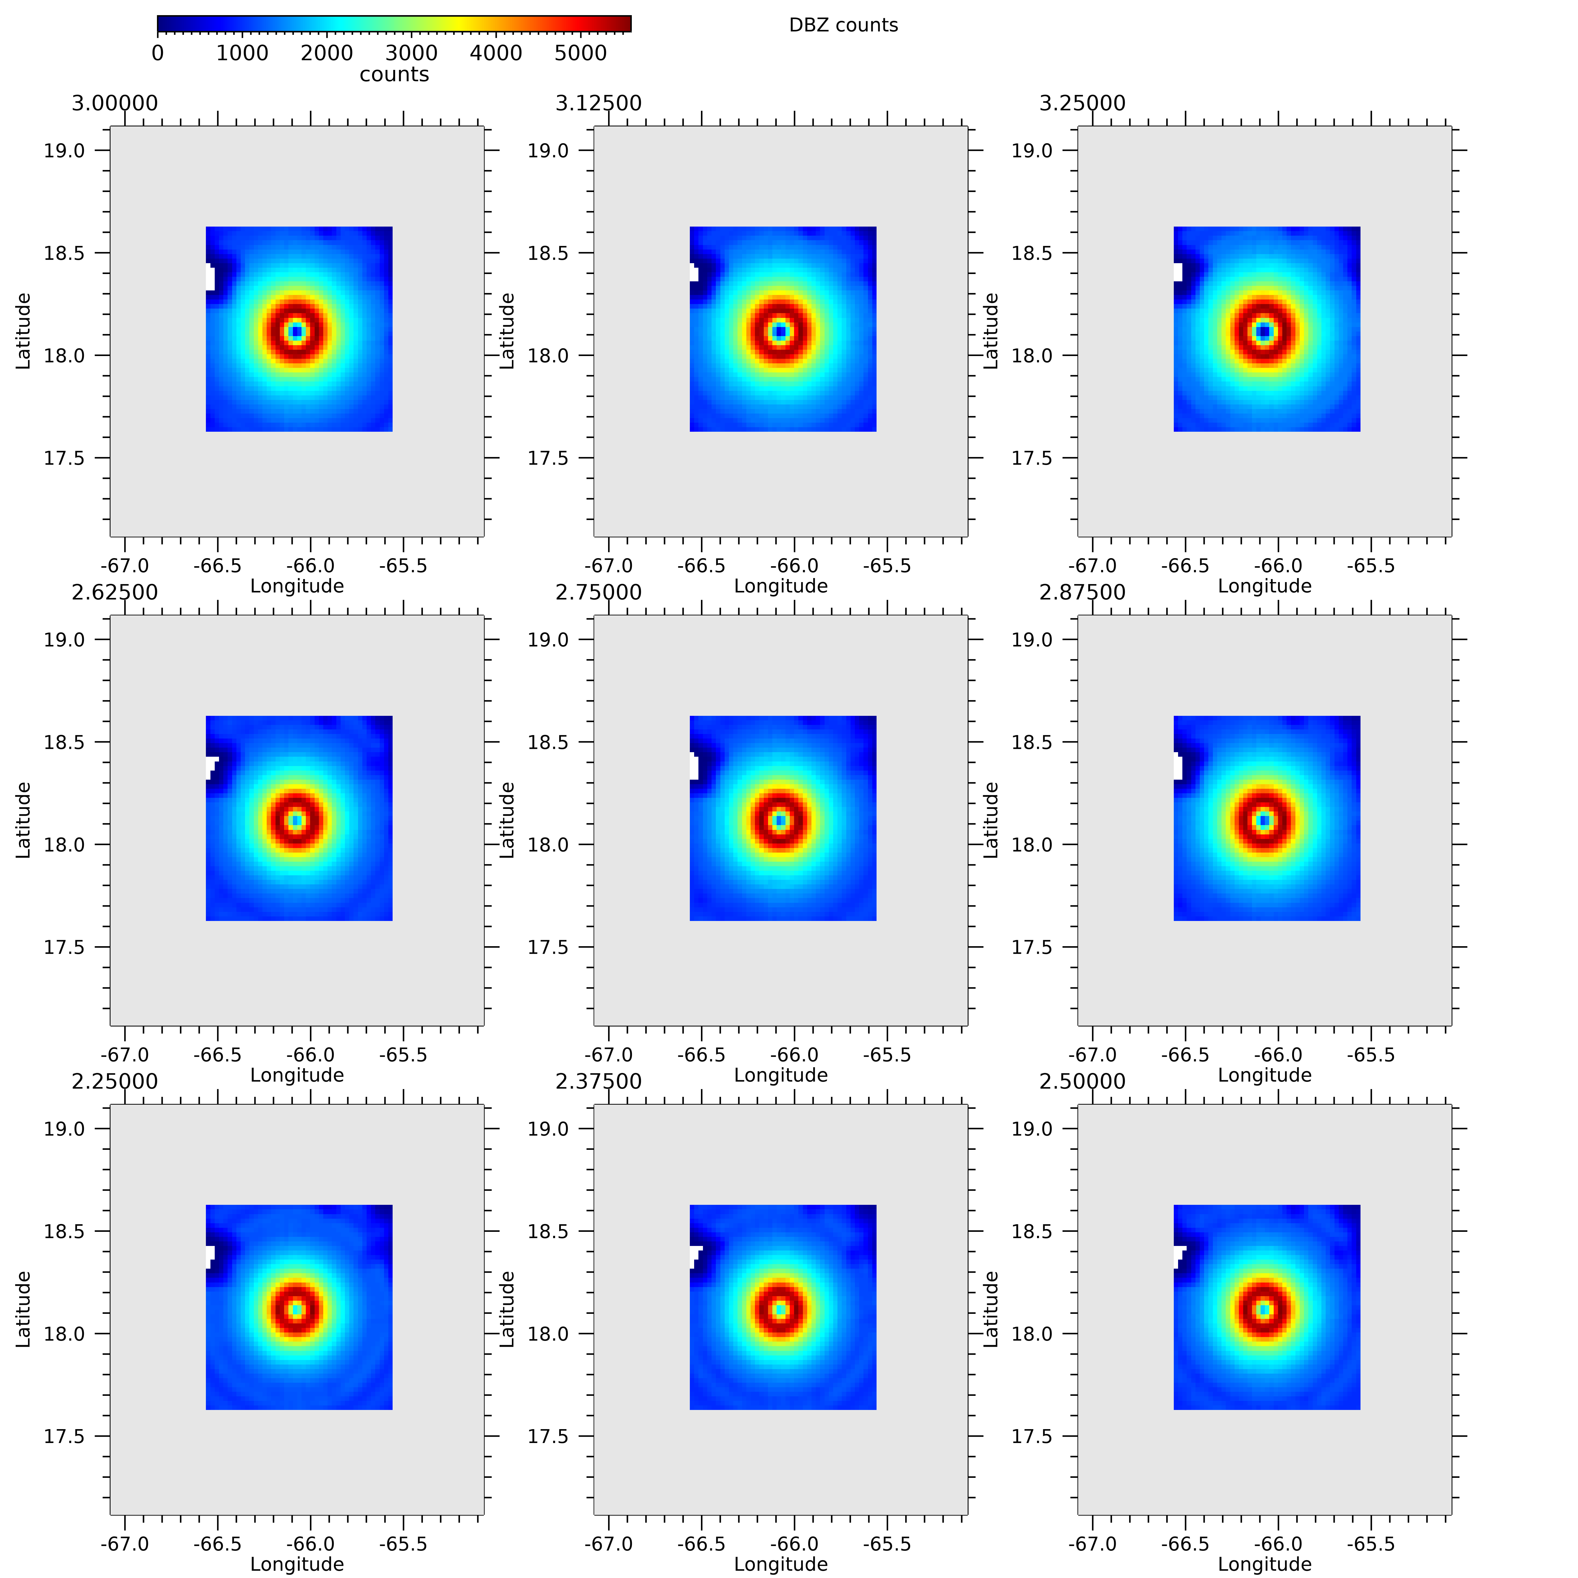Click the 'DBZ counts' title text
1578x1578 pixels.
click(843, 25)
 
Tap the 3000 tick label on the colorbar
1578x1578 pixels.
click(411, 53)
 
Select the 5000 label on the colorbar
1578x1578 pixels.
click(580, 53)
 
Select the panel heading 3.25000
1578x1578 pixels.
click(1082, 104)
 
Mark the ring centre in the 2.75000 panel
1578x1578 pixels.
click(780, 820)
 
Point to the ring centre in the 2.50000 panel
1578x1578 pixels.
click(1264, 1309)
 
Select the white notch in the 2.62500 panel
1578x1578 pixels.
click(211, 766)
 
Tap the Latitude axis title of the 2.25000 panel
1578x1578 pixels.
click(23, 1309)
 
